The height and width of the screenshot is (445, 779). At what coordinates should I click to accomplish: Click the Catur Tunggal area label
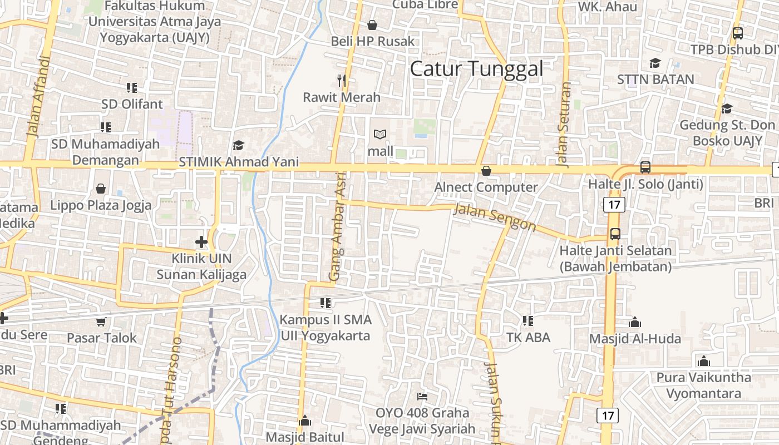pos(476,69)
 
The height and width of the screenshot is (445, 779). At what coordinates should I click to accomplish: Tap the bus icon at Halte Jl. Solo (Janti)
pos(645,166)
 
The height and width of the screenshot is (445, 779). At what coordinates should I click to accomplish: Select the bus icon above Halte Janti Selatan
pos(615,234)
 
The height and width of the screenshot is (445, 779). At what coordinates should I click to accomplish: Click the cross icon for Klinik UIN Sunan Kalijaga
pos(201,242)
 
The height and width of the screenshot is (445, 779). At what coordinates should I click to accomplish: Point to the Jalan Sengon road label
pos(495,217)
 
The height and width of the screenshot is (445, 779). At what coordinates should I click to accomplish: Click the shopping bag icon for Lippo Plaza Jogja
pos(101,189)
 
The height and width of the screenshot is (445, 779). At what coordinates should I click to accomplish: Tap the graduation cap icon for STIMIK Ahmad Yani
pos(238,146)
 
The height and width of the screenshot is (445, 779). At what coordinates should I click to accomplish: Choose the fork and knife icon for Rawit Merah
pos(342,81)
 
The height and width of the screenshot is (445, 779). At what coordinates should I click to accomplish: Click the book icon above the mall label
pos(380,135)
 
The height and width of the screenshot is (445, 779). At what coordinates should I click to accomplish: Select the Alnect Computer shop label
pos(486,187)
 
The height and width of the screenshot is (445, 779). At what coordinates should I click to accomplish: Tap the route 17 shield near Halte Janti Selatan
pos(614,205)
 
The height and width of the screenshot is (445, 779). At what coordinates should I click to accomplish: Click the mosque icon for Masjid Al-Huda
pos(634,322)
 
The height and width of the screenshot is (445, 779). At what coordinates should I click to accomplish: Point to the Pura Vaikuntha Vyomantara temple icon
pos(704,361)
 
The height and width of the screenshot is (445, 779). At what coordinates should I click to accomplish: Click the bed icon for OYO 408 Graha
pos(422,397)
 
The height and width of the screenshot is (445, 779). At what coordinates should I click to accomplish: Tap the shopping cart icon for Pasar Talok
pos(101,322)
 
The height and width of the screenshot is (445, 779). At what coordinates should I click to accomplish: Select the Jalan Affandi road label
pos(39,96)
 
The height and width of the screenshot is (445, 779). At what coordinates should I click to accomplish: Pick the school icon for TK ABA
pos(528,321)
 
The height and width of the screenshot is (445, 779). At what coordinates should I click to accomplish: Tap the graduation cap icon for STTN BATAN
pos(655,63)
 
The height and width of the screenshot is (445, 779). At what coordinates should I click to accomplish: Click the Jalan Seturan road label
pos(564,125)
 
